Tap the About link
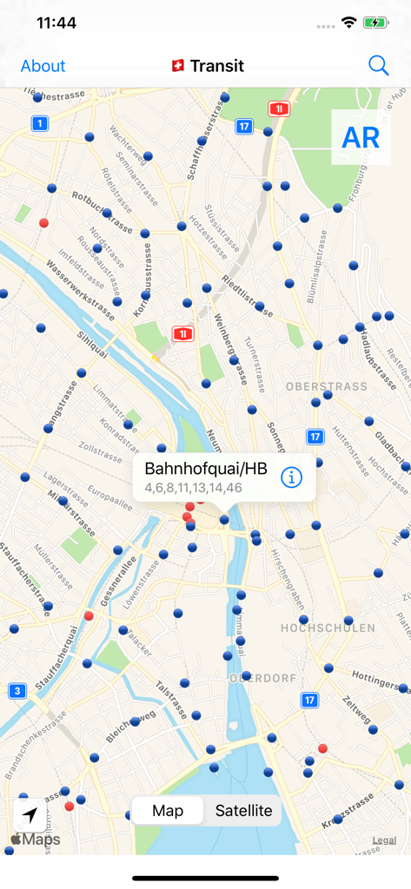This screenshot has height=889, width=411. pos(43,66)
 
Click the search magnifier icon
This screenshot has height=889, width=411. pos(378,65)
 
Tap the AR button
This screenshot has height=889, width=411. pos(361,137)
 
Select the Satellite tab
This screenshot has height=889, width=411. pos(243,811)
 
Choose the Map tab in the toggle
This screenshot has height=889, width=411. pos(168,811)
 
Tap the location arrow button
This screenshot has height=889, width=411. pos(30,815)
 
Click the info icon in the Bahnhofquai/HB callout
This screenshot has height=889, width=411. pos(291,477)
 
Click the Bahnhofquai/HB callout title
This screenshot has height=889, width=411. pos(206,469)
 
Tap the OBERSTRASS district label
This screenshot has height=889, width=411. pos(326,385)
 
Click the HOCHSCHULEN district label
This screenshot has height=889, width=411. pos(328,628)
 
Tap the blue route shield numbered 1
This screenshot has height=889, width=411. pos(39,124)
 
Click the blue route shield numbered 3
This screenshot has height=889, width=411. pos(17,691)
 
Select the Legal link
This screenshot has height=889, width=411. pos(384,840)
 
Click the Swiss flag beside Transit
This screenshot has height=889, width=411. pos(178,65)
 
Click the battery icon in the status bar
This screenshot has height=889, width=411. pos(376,23)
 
